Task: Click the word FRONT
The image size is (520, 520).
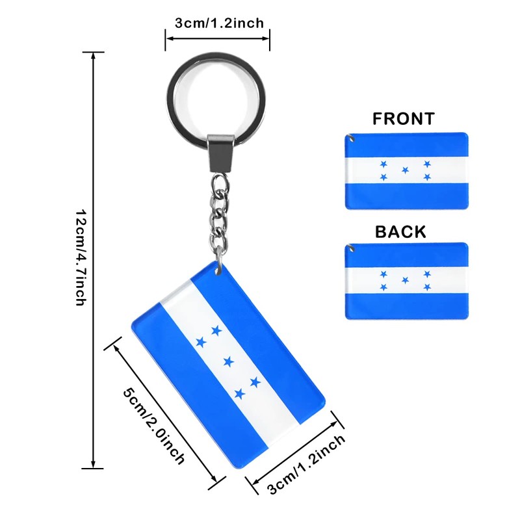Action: coord(403,118)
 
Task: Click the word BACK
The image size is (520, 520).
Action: coord(400,231)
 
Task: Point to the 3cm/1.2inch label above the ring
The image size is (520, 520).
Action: coord(219,23)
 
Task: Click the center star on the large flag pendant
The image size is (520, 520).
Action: coord(228,361)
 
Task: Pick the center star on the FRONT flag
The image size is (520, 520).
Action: coord(406,170)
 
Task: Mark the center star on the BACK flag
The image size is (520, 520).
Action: coord(406,281)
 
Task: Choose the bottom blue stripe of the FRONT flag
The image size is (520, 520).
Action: coord(406,196)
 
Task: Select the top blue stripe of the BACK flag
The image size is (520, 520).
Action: coord(406,255)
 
